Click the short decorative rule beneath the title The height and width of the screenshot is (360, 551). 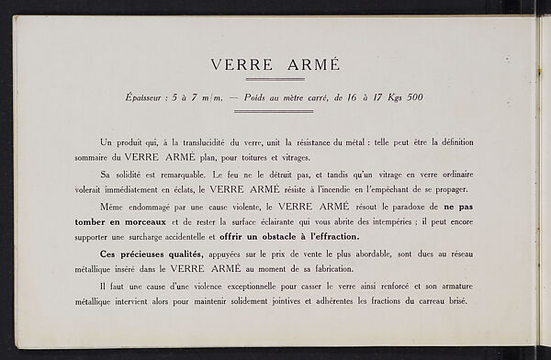(x=275, y=81)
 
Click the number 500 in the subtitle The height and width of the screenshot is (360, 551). (x=410, y=98)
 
